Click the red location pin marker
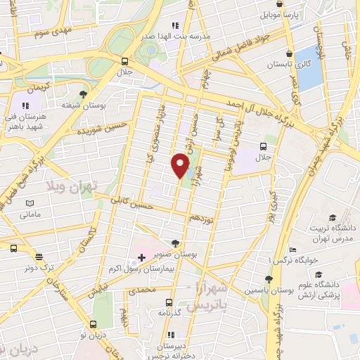(x=180, y=166)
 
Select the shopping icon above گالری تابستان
(x=289, y=53)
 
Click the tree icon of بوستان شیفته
(x=84, y=94)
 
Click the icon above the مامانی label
(x=30, y=203)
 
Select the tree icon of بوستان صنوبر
(x=175, y=243)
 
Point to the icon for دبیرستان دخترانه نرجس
(x=170, y=335)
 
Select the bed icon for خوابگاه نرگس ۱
(x=293, y=250)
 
